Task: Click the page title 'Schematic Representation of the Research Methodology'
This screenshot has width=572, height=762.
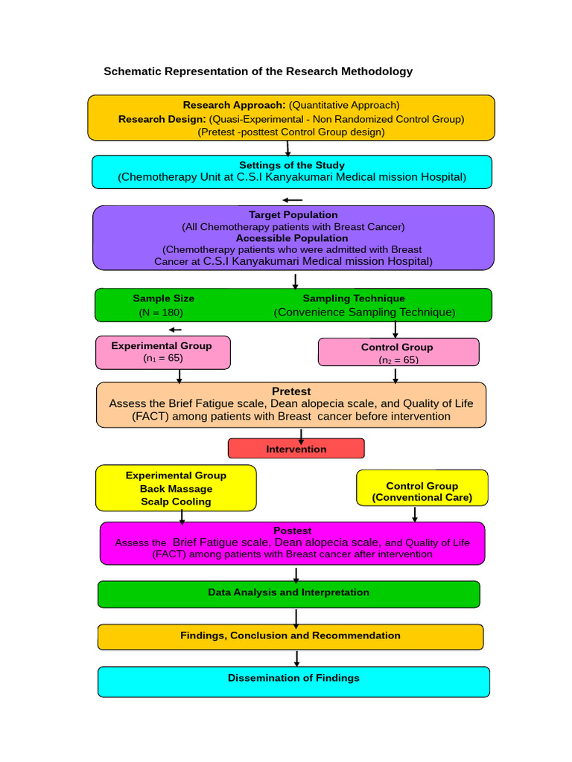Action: [258, 71]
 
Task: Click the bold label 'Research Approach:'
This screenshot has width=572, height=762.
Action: [234, 105]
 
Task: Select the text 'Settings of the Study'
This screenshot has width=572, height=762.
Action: [292, 165]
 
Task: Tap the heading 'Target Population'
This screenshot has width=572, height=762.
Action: [293, 214]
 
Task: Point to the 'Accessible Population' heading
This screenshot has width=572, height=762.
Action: [292, 238]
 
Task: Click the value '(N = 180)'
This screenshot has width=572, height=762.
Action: [161, 313]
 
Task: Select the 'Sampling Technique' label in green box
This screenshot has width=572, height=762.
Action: [354, 298]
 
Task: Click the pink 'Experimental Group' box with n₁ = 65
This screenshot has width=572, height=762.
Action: [162, 352]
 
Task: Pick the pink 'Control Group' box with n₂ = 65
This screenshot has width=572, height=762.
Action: [398, 352]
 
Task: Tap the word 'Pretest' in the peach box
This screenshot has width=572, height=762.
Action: [291, 391]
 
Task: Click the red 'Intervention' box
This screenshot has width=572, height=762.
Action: [296, 449]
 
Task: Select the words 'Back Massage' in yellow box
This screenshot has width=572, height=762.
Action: [176, 489]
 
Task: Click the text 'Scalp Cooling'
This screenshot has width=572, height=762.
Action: [176, 502]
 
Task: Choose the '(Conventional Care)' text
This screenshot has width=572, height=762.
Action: [422, 498]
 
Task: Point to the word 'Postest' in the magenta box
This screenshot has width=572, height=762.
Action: [292, 531]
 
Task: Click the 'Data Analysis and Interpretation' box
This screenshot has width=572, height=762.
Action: [288, 593]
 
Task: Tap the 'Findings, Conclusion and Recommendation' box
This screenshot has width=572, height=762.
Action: [290, 636]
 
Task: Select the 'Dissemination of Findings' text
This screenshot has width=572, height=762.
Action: [293, 679]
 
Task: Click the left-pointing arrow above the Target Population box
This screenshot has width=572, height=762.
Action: [293, 199]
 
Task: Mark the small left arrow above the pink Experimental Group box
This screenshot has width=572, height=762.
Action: [175, 330]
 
